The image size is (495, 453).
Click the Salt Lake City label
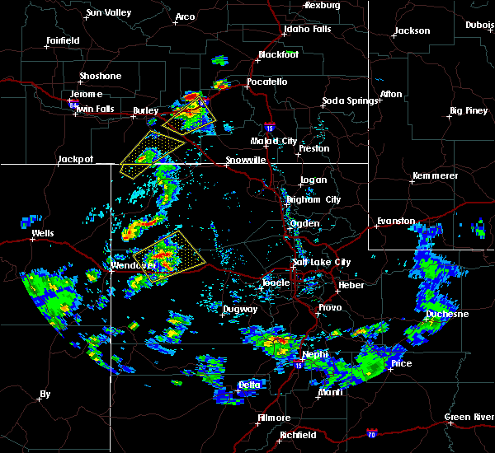pos(321,262)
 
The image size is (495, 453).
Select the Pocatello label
pos(266,82)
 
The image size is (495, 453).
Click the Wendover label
pos(134,265)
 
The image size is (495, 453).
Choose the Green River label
pos(469,417)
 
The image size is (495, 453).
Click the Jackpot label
pos(75,159)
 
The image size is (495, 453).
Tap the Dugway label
pos(240,310)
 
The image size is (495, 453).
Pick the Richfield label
pos(298,435)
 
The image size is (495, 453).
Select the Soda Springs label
pos(350,101)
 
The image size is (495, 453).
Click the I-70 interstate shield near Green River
pos(371,432)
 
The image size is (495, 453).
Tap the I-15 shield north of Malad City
pos(270,127)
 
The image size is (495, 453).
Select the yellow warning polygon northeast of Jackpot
pos(149,153)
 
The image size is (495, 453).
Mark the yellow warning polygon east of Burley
pos(191,114)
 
